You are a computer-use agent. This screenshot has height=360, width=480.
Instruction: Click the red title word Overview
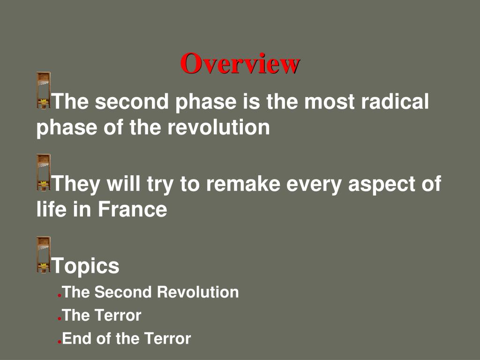[240, 64]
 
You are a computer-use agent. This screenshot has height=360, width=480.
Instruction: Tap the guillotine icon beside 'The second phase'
[44, 90]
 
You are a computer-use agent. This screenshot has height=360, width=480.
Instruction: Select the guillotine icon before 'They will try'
[44, 172]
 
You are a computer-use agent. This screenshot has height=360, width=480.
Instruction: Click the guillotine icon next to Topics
[44, 255]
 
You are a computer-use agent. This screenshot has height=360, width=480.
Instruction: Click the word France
[132, 209]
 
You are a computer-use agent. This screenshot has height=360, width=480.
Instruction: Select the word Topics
[85, 266]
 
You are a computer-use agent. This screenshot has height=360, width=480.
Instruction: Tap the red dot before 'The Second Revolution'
[60, 296]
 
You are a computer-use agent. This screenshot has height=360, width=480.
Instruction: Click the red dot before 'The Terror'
[60, 319]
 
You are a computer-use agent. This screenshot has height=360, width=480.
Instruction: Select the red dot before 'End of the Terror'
[60, 342]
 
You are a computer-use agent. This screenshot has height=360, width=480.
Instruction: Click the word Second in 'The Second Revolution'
[124, 292]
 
